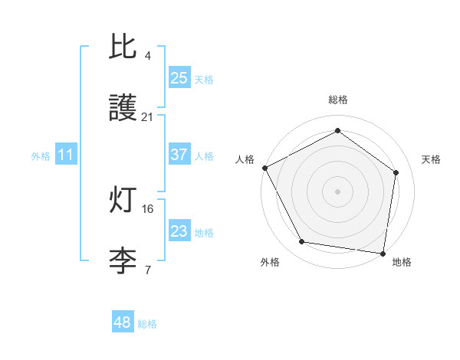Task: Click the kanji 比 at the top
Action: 123,47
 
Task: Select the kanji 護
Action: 123,109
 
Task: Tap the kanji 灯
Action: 123,201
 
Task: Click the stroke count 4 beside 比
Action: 147,56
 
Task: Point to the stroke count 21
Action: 147,117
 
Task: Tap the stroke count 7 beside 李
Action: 147,270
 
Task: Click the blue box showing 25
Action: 179,77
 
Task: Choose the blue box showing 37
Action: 179,155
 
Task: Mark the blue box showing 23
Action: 179,231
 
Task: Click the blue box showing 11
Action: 66,155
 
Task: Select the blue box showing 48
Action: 122,322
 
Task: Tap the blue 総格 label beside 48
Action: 147,324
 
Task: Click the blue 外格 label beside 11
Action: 41,156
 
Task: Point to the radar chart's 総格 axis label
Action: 337,100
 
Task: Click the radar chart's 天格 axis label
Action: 432,159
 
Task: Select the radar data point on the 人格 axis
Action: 264,167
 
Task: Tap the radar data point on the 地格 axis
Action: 383,253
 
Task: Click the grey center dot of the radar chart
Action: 337,191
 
